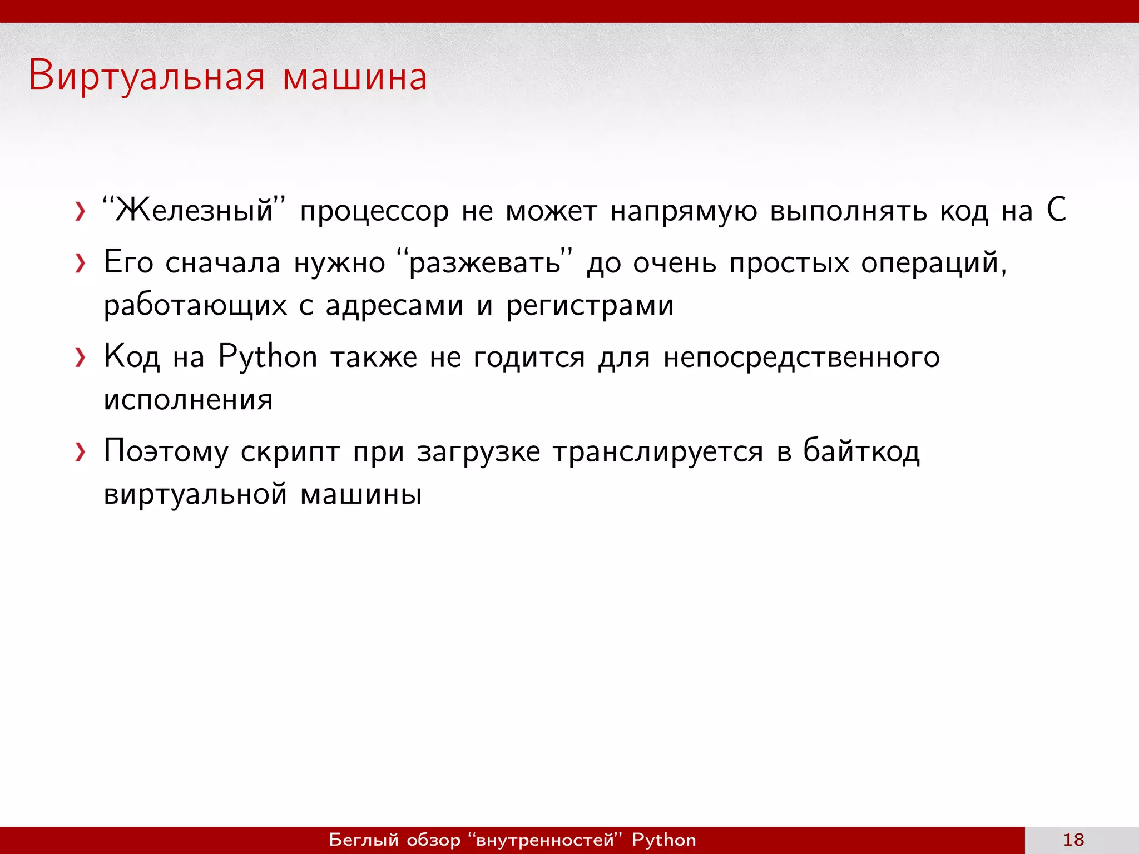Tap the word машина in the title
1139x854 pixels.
[355, 77]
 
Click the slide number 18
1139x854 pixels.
[1073, 840]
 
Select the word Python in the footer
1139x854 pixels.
[663, 840]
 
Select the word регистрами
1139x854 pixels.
[590, 306]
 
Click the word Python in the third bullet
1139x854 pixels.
[268, 356]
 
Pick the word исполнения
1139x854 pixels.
[188, 400]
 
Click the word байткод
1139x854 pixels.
[861, 451]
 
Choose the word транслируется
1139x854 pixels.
[658, 451]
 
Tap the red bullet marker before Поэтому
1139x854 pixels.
[81, 453]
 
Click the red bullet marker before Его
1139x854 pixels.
[81, 264]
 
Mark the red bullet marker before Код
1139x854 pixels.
[81, 358]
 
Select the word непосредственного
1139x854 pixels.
[801, 356]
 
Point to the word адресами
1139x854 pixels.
[394, 306]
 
